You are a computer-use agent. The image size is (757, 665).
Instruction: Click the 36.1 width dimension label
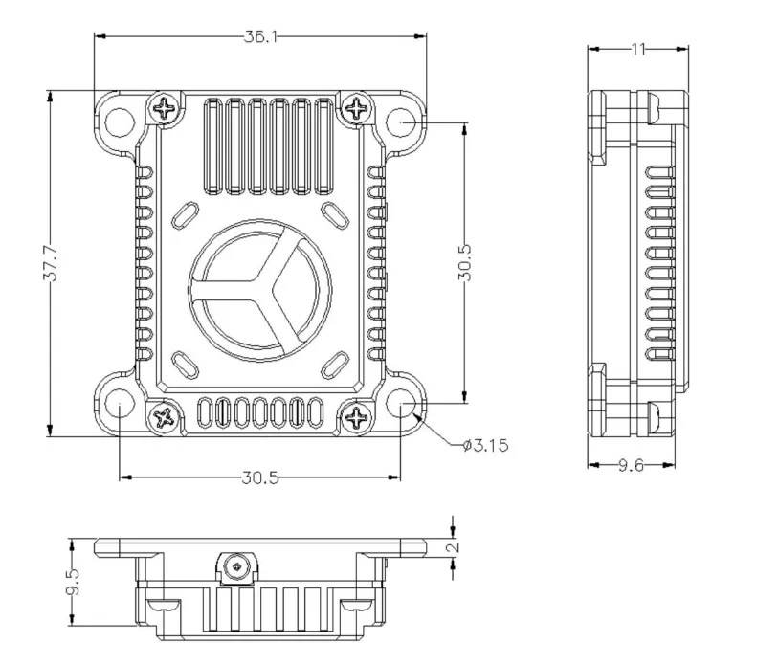point(260,36)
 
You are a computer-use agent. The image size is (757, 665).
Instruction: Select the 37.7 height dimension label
point(51,264)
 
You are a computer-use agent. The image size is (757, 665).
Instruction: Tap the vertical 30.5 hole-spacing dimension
point(464,262)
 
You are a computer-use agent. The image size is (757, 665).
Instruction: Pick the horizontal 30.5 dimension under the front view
point(260,477)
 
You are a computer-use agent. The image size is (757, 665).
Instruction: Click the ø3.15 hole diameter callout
point(485,445)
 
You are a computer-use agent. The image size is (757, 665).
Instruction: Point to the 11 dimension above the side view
point(638,49)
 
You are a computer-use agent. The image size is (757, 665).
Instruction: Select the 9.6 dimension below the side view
point(632,465)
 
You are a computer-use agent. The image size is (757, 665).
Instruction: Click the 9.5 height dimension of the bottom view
point(73,583)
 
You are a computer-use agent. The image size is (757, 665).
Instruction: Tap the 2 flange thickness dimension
point(453,547)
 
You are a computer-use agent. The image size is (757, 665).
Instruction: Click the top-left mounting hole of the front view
point(120,122)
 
